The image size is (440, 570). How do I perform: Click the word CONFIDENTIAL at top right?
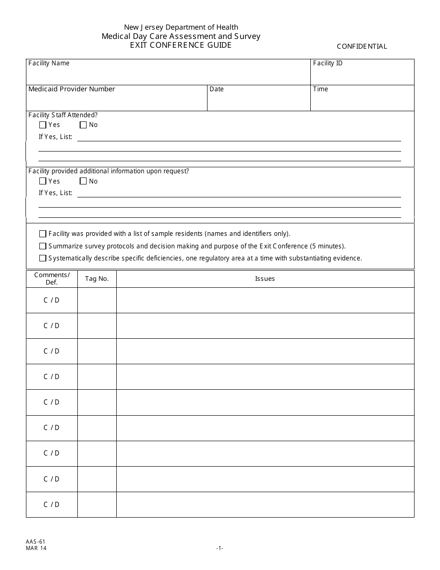coord(362,46)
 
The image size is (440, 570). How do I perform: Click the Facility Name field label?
coord(49,63)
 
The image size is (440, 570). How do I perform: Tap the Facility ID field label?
coord(327,63)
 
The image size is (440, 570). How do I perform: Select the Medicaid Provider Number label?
coord(71,89)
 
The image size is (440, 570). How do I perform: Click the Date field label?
coord(216,89)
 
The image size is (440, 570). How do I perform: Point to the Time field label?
coord(320,89)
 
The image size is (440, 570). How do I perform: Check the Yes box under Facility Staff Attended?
coord(43,125)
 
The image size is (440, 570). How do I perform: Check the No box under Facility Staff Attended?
coord(83,125)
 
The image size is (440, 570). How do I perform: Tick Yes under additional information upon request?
coord(43,181)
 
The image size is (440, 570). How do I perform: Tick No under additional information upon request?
coord(83,181)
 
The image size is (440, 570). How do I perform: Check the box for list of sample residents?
coord(43,234)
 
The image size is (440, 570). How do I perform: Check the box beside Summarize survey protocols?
coord(43,246)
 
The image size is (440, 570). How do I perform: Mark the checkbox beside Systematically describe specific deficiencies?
coord(43,258)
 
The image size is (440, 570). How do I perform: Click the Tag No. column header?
coord(97,279)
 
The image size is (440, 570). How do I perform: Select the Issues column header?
coord(265,279)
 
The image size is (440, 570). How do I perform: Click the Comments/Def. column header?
coord(52,279)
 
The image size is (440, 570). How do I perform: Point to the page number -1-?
coord(220,548)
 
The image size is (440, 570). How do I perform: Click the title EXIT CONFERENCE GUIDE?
coord(181,45)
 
